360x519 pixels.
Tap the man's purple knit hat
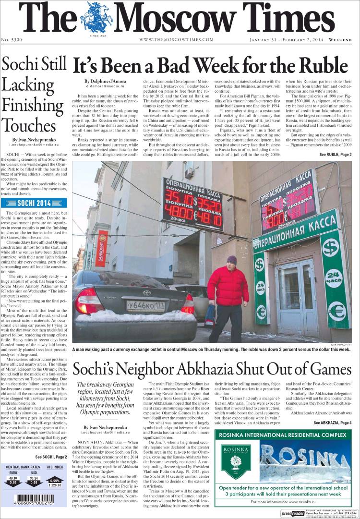click(232, 259)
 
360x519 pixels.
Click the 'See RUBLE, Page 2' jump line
click(335, 155)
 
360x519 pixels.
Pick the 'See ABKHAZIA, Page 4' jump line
click(332, 422)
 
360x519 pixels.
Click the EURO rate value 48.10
click(13, 478)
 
